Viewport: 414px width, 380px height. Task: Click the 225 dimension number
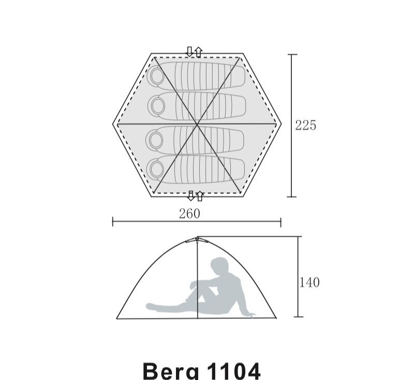(305, 125)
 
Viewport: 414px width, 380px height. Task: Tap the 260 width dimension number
(189, 214)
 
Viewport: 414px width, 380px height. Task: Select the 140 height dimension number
(309, 282)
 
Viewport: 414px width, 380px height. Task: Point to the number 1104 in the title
(234, 371)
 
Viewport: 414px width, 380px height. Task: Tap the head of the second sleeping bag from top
(158, 106)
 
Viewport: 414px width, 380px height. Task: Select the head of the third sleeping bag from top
(156, 139)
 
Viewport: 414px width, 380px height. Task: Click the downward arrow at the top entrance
(189, 52)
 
